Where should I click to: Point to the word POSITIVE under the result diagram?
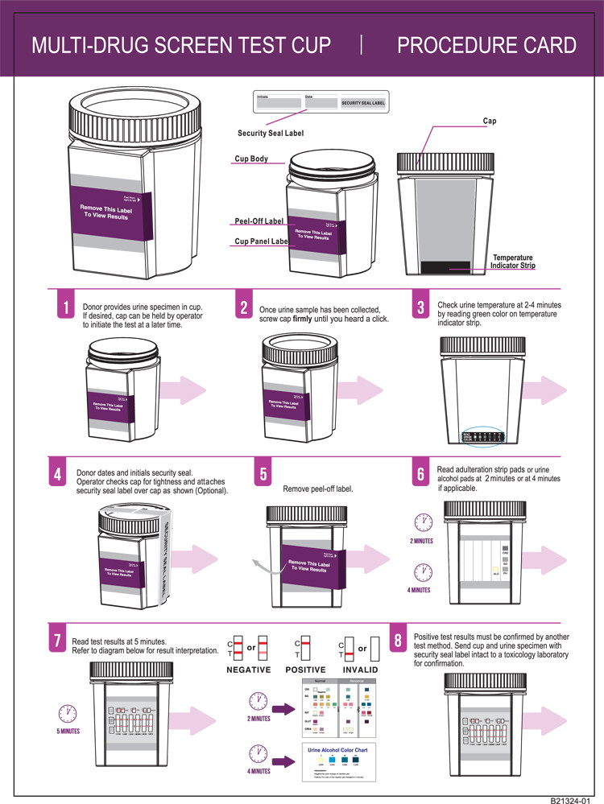pyautogui.click(x=305, y=670)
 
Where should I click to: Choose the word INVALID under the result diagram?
pyautogui.click(x=358, y=670)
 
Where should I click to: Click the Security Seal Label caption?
pyautogui.click(x=271, y=133)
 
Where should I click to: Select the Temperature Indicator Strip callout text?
pyautogui.click(x=513, y=262)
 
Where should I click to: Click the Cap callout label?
pyautogui.click(x=489, y=122)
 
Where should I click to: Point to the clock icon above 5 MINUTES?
pyautogui.click(x=68, y=713)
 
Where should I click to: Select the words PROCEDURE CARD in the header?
pyautogui.click(x=486, y=44)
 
